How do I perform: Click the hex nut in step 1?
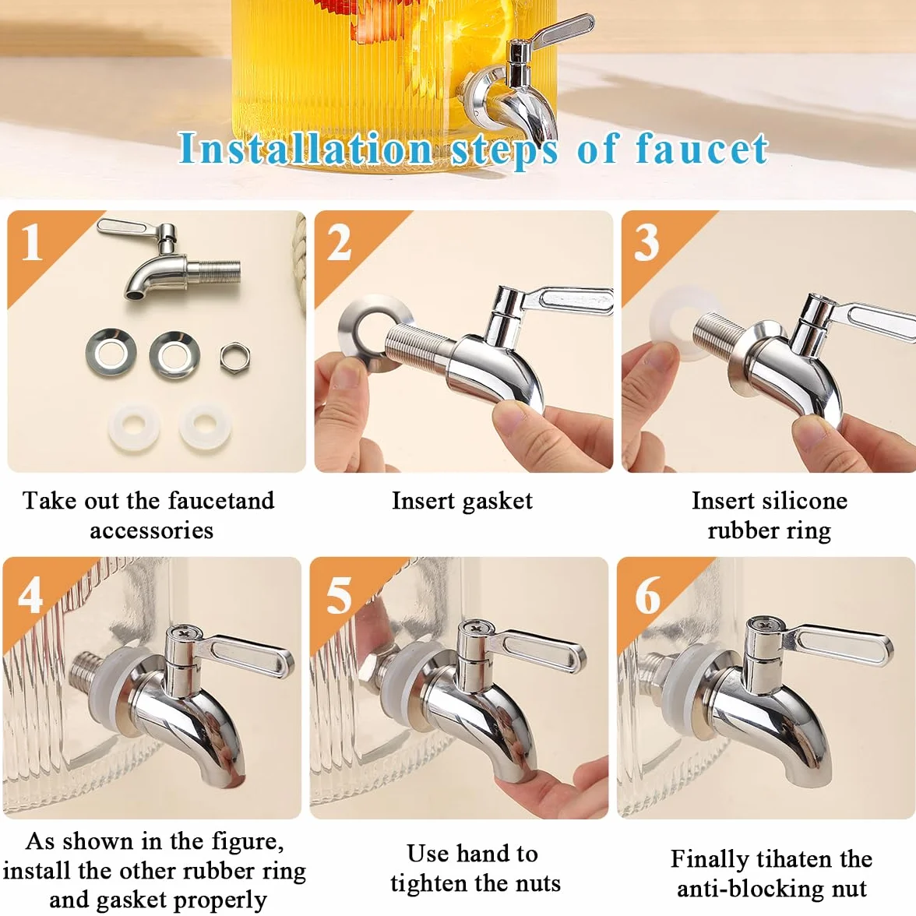click(235, 357)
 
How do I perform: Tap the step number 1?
click(31, 241)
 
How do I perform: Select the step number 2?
click(339, 241)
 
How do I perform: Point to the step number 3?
click(646, 241)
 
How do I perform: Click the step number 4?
click(30, 595)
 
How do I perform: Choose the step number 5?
click(339, 595)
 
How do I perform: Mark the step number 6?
click(647, 595)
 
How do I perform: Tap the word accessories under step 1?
click(151, 530)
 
